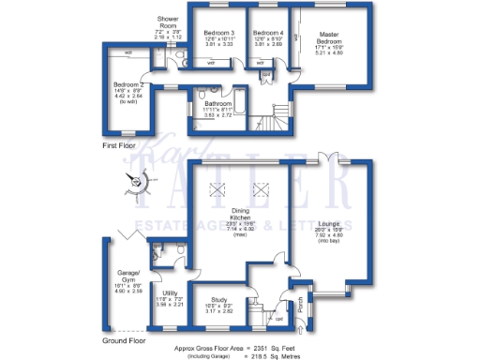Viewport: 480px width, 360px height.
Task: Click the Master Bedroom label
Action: [x=328, y=37]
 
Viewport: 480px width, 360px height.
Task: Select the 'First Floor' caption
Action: [x=122, y=147]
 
